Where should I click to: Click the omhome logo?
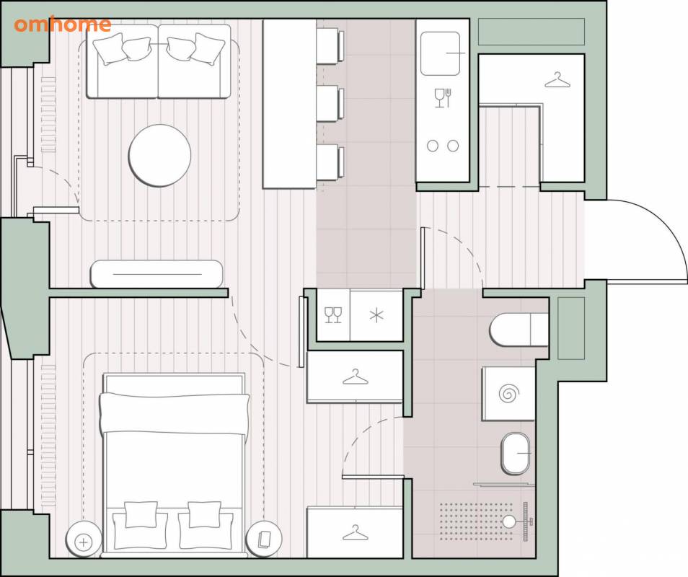62,25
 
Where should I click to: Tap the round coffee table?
159,155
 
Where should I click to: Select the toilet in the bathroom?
519,329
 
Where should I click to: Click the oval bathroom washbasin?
516,454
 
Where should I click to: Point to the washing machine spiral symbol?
508,392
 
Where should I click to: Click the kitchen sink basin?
440,53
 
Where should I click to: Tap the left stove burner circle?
433,146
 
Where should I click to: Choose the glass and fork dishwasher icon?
443,98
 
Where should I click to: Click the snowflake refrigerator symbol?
376,315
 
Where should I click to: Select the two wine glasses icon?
333,315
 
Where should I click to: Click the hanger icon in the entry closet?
557,80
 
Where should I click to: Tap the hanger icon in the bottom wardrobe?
356,532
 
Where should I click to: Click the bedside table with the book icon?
264,539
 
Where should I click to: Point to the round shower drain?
509,521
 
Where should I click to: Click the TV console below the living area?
156,274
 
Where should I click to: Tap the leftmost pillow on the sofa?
108,49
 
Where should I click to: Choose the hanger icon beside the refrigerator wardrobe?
356,376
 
